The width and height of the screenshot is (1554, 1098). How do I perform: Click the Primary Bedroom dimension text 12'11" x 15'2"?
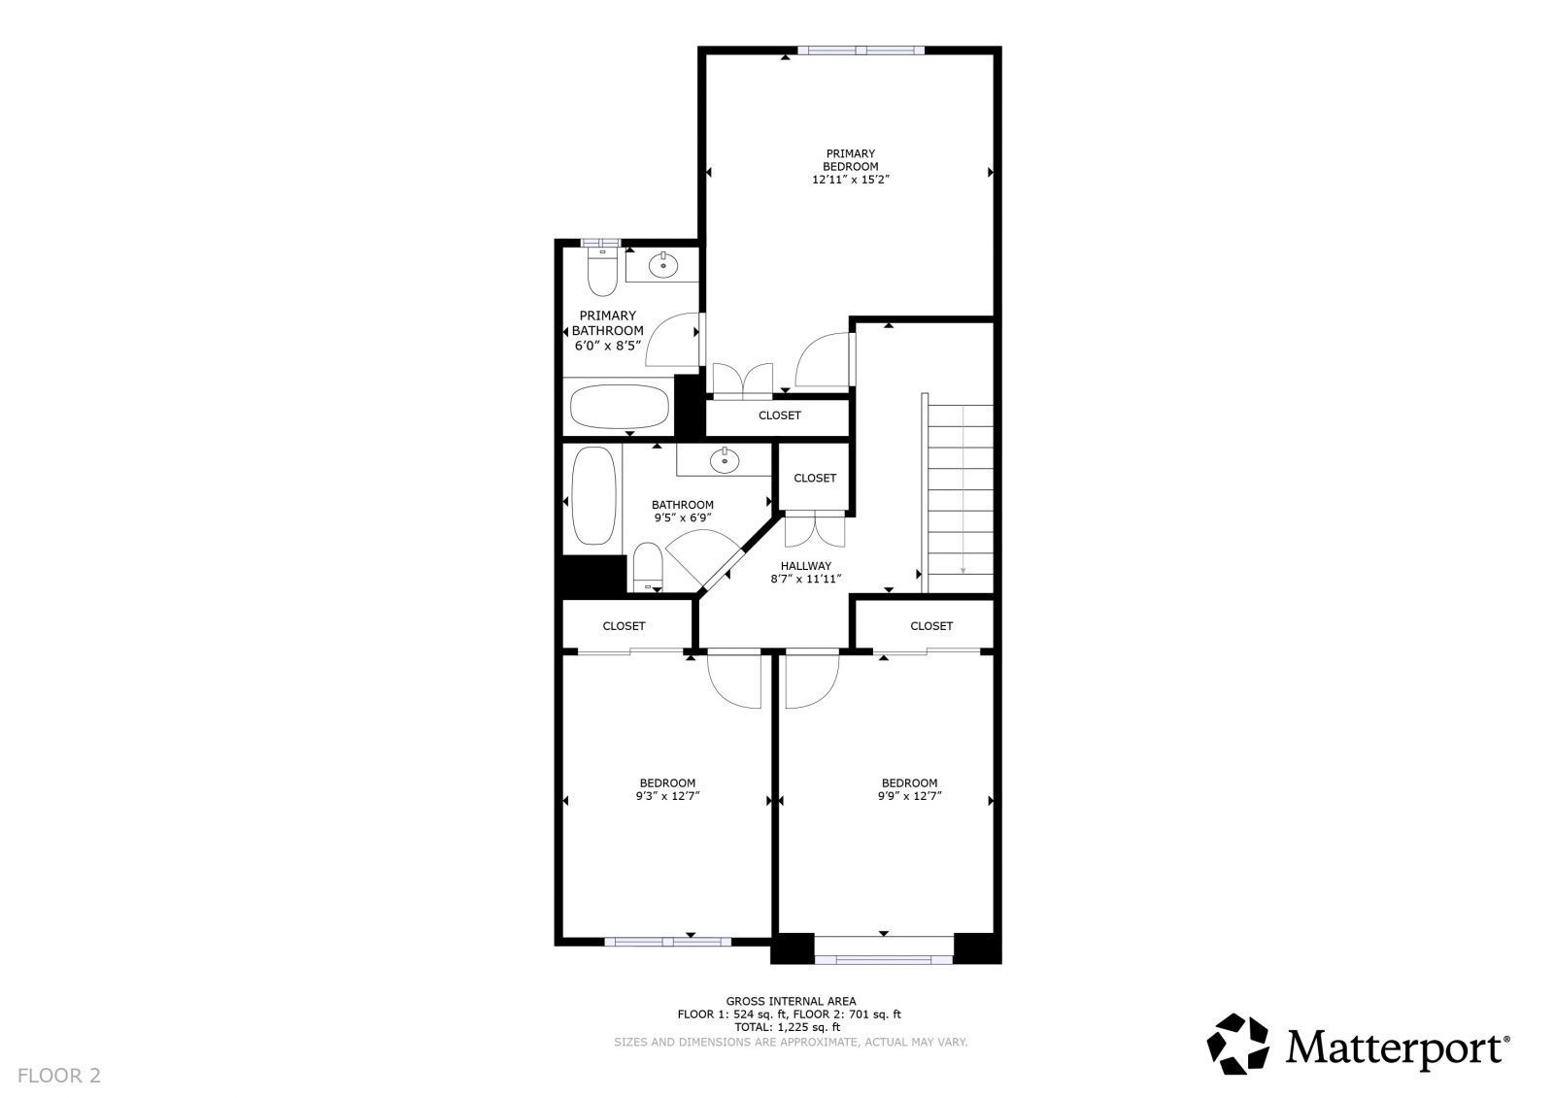851,179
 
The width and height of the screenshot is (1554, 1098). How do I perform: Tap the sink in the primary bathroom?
663,264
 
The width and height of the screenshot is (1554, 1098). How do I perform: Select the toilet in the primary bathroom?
601,270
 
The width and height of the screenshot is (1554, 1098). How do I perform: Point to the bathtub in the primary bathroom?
620,407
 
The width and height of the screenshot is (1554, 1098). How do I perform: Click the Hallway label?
805,566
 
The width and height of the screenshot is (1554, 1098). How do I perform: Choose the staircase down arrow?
963,489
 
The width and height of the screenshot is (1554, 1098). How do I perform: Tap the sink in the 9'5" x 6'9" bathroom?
725,460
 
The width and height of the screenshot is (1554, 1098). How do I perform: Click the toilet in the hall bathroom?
648,567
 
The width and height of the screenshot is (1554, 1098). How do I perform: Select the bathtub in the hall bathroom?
593,495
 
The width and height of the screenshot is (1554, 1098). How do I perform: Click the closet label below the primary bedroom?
780,416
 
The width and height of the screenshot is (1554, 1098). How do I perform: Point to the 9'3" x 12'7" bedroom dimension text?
667,796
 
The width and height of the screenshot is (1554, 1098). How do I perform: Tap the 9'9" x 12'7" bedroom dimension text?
909,796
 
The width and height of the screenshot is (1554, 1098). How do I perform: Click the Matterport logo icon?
1238,1044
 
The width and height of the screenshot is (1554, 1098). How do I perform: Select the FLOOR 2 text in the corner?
59,1076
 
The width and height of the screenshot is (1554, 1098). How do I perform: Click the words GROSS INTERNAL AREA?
791,1001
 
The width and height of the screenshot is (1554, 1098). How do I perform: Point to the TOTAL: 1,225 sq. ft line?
788,1027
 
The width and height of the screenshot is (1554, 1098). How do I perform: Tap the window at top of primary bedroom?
861,50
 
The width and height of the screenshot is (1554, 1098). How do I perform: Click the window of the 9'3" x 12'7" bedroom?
667,942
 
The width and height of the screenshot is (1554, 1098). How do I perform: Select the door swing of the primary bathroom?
671,339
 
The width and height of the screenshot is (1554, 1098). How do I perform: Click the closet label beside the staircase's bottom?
931,626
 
